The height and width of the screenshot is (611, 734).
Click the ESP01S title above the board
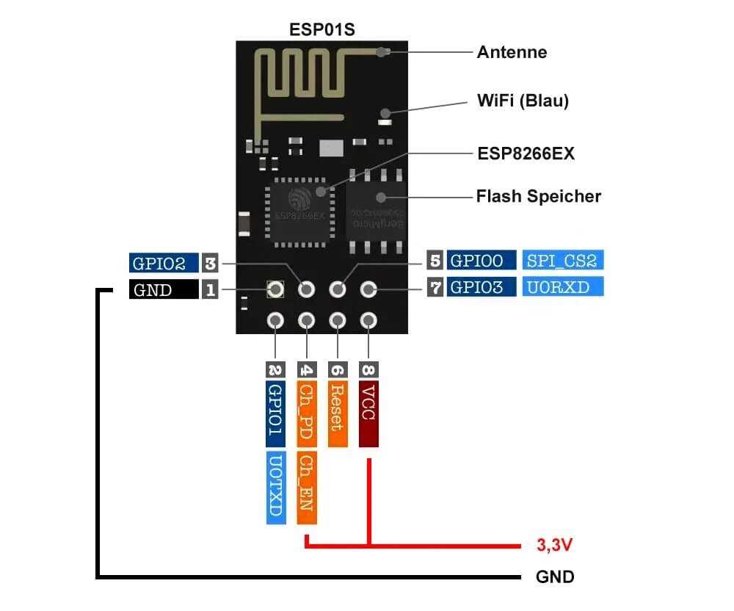point(322,29)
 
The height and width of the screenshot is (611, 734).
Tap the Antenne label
point(512,52)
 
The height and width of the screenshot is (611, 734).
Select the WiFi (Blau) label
point(523,101)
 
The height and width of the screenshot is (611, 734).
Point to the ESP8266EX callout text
point(526,153)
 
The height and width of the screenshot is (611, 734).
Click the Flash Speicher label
point(538,196)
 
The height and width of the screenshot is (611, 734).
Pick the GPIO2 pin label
point(164,263)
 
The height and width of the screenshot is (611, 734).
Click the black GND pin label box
point(164,289)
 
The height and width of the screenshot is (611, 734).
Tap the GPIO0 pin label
point(482,260)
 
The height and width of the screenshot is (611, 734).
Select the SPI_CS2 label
point(563,260)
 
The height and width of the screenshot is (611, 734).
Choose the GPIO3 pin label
point(482,286)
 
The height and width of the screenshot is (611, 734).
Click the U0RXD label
point(563,286)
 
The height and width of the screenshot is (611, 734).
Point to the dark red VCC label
point(369,414)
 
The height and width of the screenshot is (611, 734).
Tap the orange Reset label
point(338,414)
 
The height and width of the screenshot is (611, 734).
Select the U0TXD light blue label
point(276,488)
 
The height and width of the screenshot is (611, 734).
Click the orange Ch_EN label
point(307,488)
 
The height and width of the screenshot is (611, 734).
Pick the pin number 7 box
point(435,287)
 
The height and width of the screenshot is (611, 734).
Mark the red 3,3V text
point(554,545)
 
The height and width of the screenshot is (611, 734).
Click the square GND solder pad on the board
point(275,289)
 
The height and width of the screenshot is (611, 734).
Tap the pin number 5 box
point(435,260)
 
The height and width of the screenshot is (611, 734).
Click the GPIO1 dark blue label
point(276,414)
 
